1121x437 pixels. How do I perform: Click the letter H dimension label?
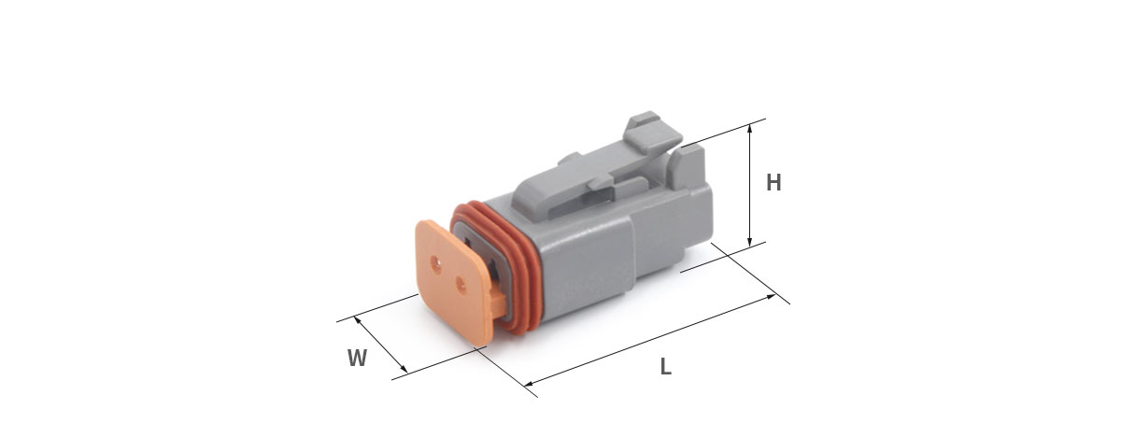[773, 183]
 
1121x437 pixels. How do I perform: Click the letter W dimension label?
[357, 359]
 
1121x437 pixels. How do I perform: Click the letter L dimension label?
[665, 367]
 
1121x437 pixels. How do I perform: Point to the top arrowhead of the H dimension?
[749, 128]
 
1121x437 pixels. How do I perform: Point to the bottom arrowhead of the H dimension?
[749, 242]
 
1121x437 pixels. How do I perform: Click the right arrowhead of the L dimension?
[771, 297]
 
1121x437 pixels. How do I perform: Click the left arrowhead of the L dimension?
[530, 384]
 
